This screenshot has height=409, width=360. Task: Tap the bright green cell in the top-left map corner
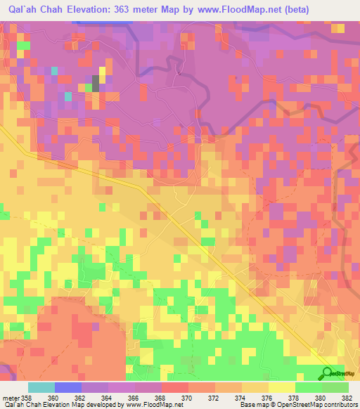coord(23,46)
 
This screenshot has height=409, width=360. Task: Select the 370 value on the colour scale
coord(188,398)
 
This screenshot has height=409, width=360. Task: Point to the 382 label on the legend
coord(347,398)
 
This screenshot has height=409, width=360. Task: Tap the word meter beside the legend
coord(10,398)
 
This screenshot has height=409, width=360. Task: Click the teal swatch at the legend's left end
coord(41,387)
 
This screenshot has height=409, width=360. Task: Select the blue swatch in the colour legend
coord(68,387)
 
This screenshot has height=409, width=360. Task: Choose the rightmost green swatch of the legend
coord(335,387)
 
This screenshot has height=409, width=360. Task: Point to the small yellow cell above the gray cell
coord(103,71)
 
